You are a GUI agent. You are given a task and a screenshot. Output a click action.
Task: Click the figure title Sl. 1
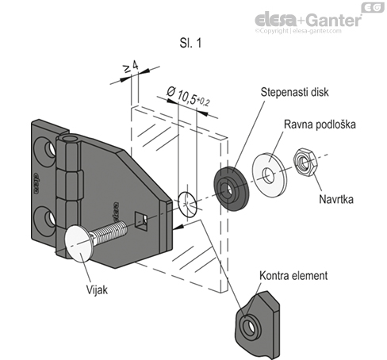191,44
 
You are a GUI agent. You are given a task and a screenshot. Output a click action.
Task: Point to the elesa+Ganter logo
306,18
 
